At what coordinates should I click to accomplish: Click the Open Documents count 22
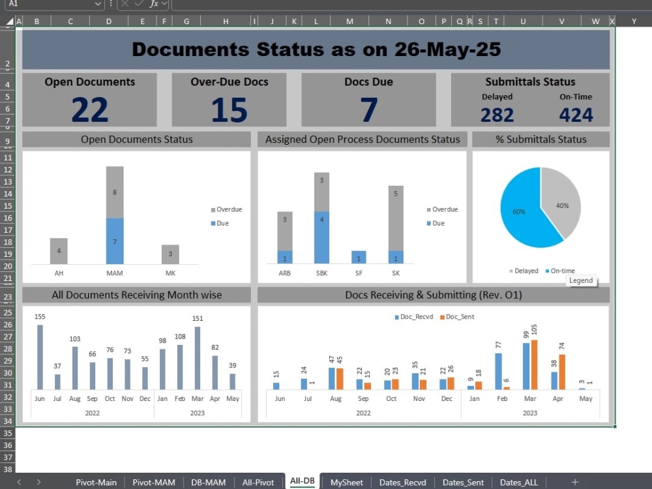coord(90,110)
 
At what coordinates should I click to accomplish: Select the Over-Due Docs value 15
coord(229,110)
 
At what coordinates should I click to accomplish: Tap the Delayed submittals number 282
coord(497,115)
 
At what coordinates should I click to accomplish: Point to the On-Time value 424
coord(576,115)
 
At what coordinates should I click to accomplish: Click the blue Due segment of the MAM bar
coord(115,241)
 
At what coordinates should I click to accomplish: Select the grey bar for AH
coord(59,251)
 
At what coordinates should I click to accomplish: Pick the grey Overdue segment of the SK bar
coord(396,218)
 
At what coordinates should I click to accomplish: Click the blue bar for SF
coord(359,257)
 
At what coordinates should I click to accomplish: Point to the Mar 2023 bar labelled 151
coord(198,358)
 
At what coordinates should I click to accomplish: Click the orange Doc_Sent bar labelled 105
coord(535,364)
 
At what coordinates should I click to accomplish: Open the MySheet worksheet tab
coord(346,482)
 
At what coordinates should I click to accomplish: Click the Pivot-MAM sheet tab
coord(154,482)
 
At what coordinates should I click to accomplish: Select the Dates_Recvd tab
coord(402,482)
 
